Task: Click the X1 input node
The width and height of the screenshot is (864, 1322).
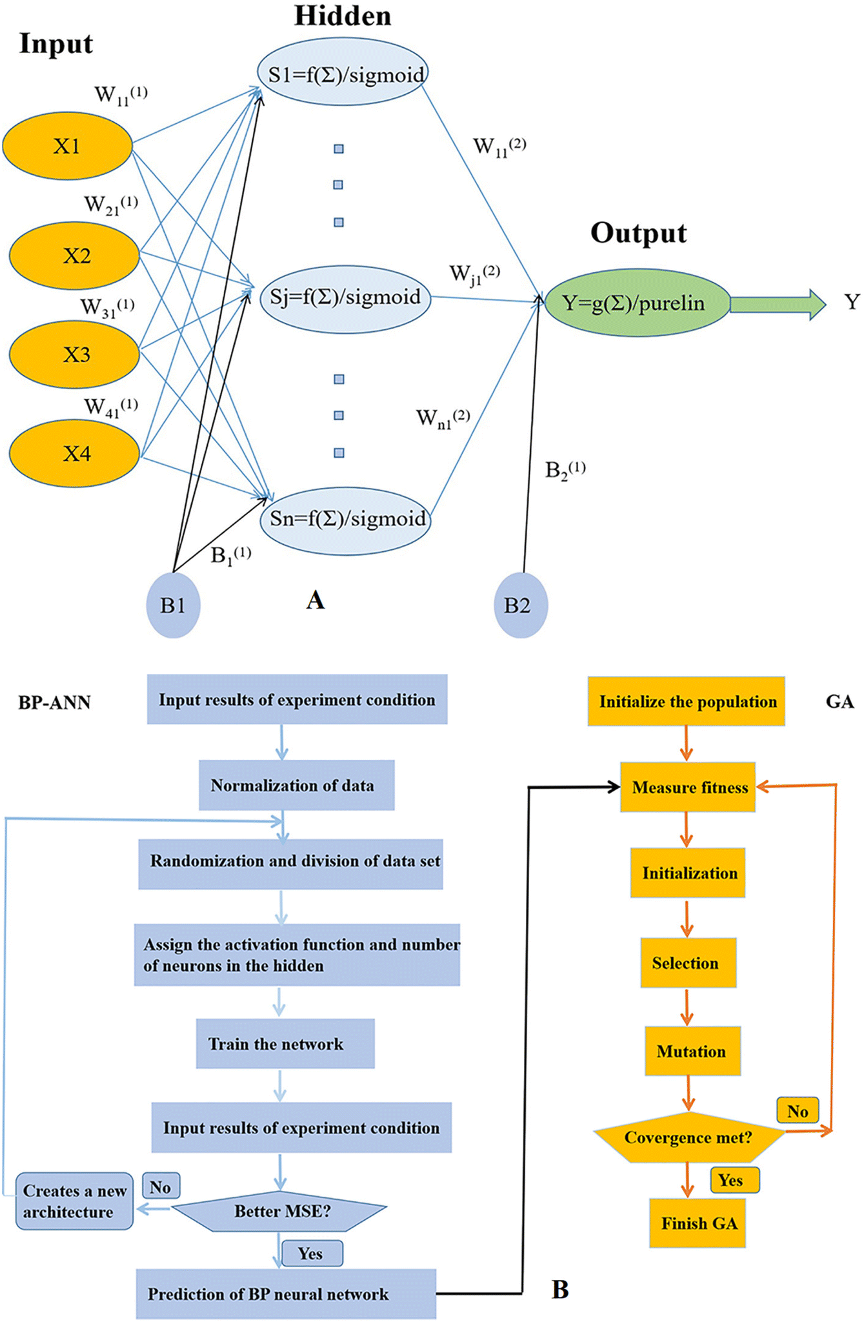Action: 67,146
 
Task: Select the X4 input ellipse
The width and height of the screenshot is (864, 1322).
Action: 75,453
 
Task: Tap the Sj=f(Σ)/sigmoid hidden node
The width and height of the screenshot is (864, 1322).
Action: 345,298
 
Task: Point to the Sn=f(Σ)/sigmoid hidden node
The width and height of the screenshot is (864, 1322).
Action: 345,520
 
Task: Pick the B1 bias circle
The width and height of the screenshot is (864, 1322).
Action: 173,605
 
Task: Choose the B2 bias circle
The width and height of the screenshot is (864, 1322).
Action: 520,605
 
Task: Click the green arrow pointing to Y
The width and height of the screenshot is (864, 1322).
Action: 777,303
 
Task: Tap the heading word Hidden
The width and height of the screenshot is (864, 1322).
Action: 343,16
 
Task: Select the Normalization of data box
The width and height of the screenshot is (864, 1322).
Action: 296,785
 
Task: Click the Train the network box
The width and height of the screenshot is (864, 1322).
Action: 285,1044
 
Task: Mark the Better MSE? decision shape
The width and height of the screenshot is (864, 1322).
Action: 280,1211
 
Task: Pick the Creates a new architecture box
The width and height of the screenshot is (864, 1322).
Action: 74,1201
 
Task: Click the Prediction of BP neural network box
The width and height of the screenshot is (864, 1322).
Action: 286,1294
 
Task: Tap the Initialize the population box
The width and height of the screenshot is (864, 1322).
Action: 686,702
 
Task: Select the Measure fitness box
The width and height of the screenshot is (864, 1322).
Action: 687,787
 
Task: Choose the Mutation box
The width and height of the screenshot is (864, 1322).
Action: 692,1052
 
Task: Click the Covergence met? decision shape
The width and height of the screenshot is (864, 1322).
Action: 688,1137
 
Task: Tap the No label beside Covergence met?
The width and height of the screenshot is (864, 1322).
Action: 798,1111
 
